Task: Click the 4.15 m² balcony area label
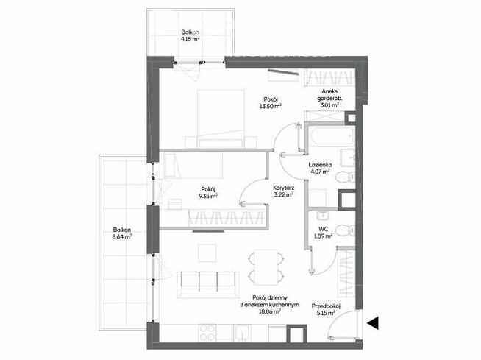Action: click(x=190, y=39)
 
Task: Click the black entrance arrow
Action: click(x=373, y=322)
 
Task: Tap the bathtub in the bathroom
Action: click(x=332, y=138)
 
